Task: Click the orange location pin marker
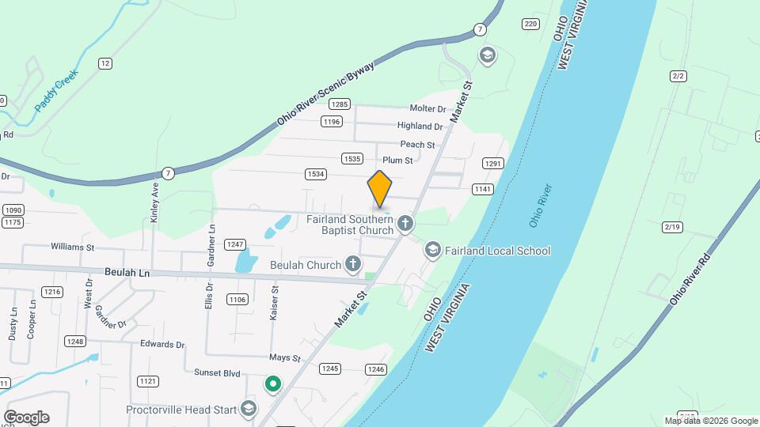(380, 189)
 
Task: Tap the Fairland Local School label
(497, 251)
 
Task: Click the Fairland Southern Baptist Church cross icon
(405, 224)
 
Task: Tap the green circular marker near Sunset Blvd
(273, 385)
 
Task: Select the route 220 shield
(530, 25)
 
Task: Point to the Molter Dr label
(427, 108)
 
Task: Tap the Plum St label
(397, 161)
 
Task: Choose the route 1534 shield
(315, 174)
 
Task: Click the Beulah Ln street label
(127, 271)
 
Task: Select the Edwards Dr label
(161, 345)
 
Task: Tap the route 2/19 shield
(672, 228)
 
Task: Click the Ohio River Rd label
(690, 280)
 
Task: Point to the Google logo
(26, 417)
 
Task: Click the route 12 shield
(105, 63)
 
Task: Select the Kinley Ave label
(155, 202)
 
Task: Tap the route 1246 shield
(376, 369)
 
